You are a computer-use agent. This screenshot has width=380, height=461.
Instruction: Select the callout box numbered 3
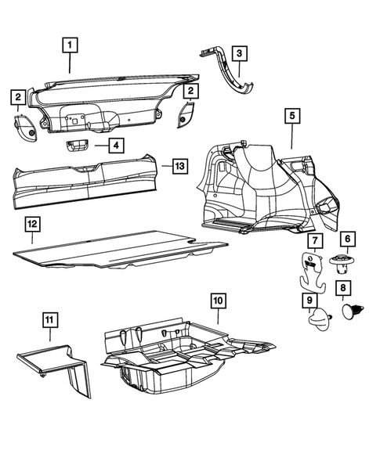click(x=239, y=54)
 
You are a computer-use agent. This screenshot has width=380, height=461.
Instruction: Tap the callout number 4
click(x=115, y=145)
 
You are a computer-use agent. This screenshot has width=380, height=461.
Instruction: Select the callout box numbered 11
click(x=49, y=319)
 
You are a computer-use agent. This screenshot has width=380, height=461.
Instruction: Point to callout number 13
click(x=179, y=166)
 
